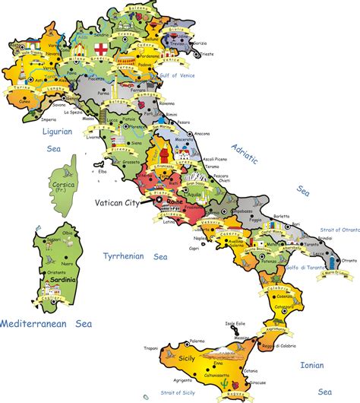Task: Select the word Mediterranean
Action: [39, 323]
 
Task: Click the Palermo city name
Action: [197, 341]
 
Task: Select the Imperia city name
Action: [49, 119]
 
